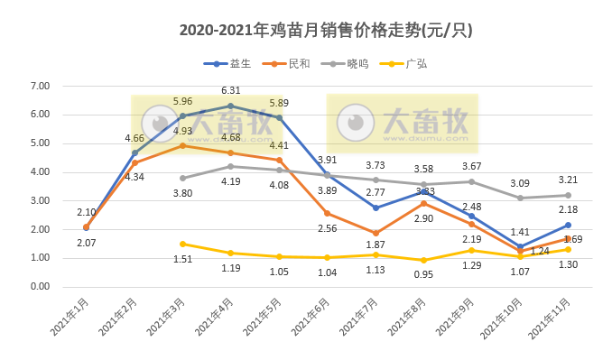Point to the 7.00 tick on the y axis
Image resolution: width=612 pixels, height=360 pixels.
point(40,86)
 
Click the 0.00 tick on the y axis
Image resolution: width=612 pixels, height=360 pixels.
point(40,287)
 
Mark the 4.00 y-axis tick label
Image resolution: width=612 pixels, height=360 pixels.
point(40,171)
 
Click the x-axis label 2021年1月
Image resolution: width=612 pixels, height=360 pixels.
point(70,318)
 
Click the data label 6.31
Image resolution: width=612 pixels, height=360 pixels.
point(231,90)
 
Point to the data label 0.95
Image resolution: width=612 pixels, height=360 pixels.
point(423,274)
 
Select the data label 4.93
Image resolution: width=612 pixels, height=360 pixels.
point(183,132)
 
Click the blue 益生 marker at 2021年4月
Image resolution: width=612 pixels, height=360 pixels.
point(231,106)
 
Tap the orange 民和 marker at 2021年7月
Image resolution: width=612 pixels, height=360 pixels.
point(376,233)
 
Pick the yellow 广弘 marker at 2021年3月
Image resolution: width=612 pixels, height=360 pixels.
point(182,244)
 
